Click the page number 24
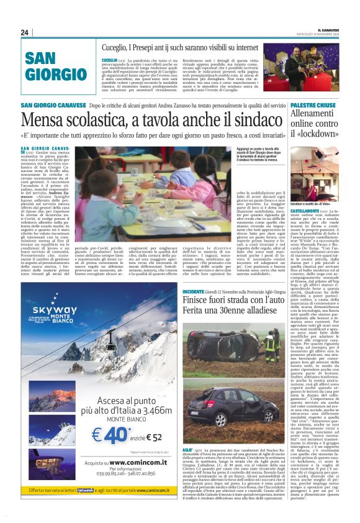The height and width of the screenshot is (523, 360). click(x=25, y=32)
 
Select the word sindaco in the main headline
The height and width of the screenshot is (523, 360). click(x=255, y=118)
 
